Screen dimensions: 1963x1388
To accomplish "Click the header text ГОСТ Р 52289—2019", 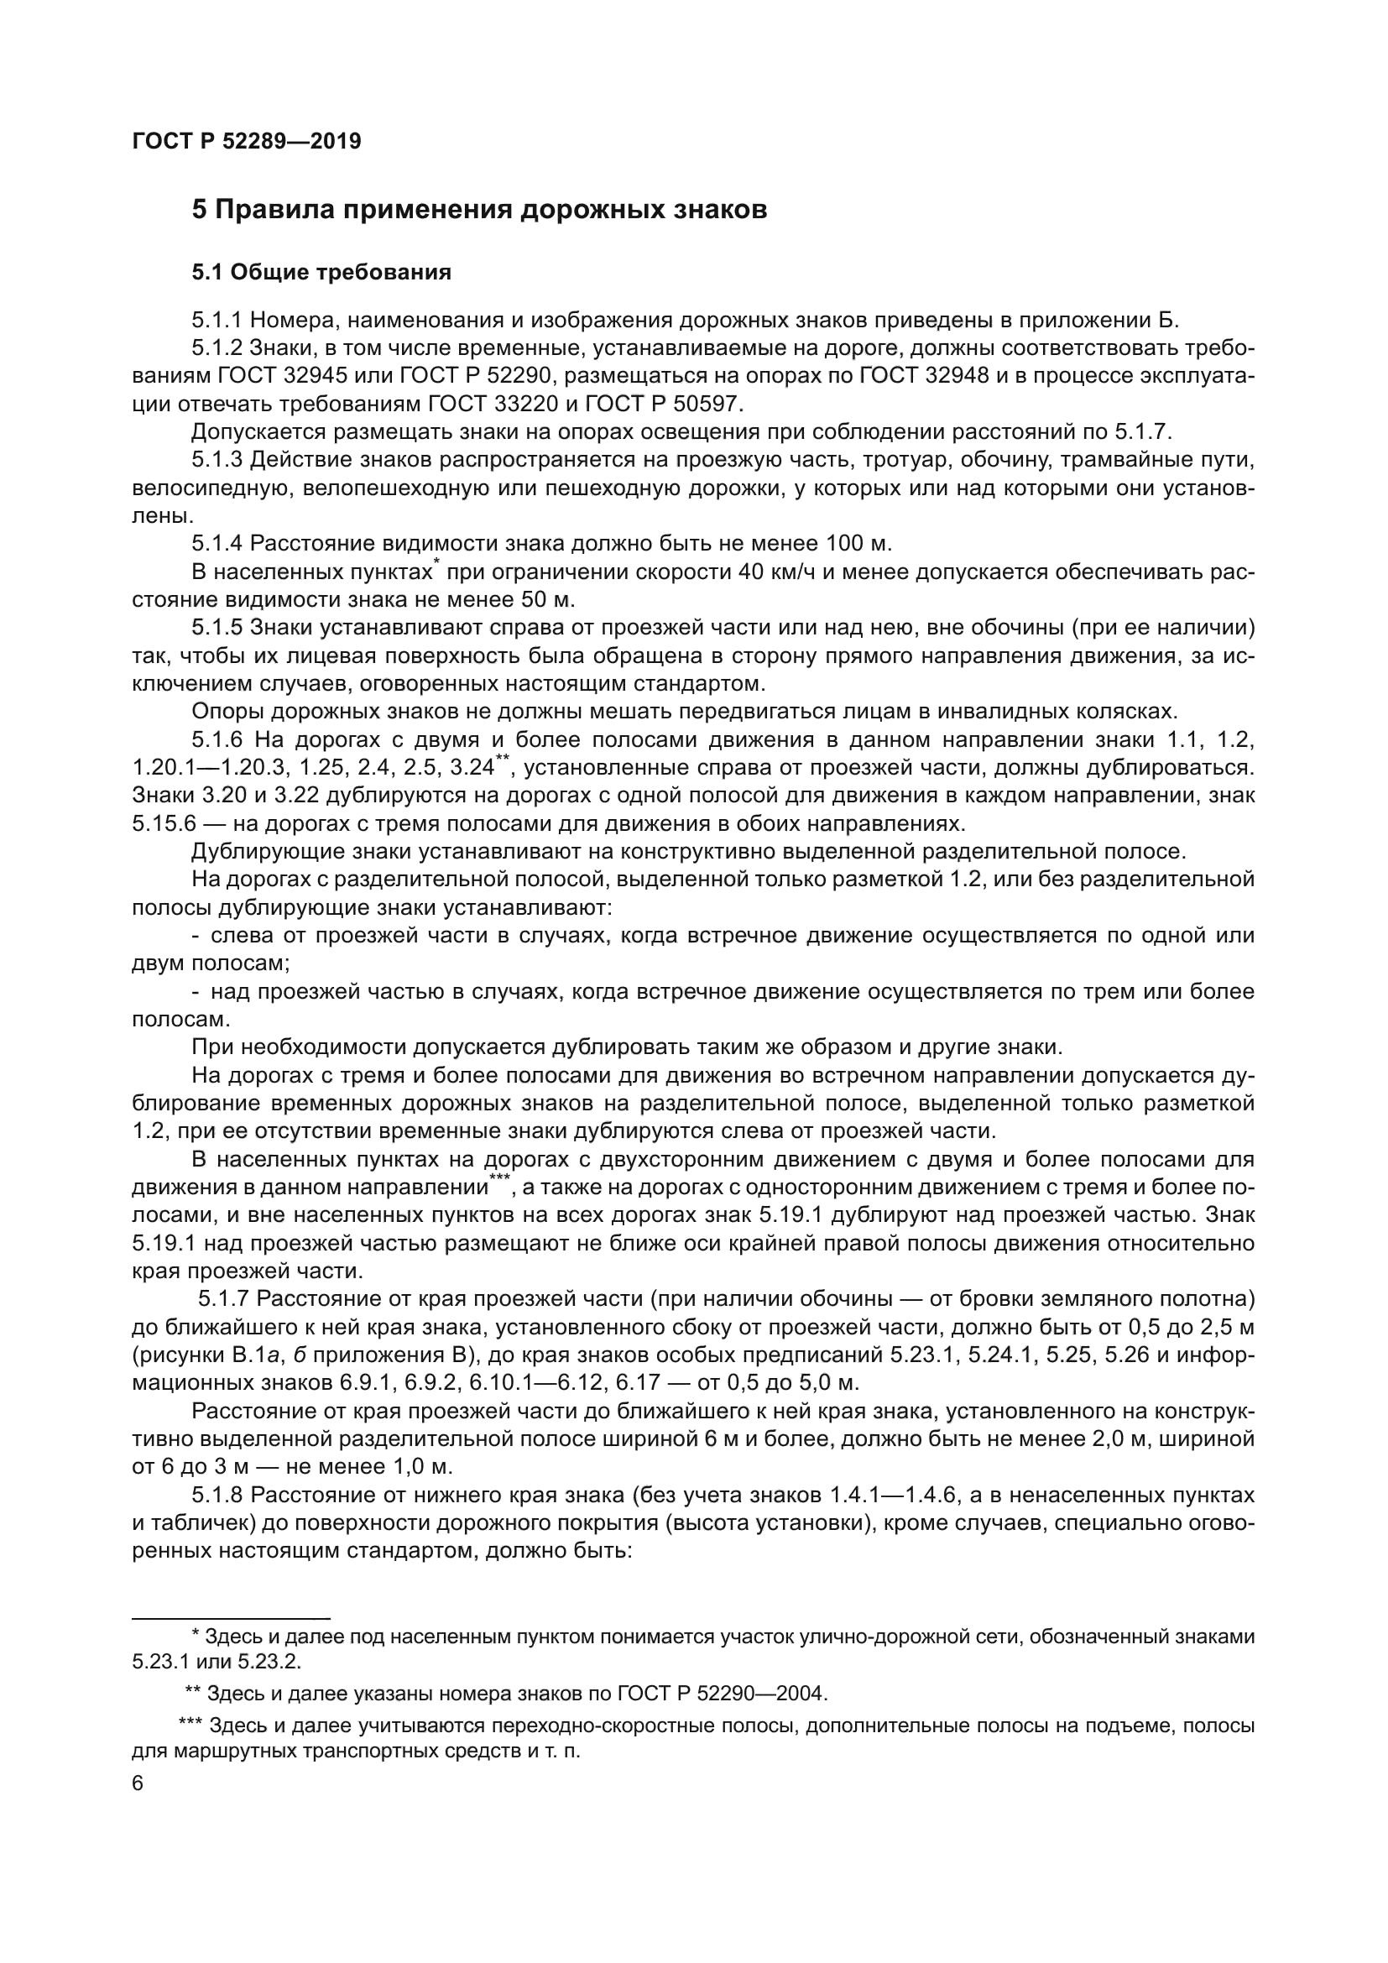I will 247,141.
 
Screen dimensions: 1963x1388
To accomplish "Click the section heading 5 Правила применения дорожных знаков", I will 478,210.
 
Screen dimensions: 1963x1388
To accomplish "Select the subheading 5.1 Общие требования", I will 321,273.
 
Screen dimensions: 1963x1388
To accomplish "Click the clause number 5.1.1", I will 217,321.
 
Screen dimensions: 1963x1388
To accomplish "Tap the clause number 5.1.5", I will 217,628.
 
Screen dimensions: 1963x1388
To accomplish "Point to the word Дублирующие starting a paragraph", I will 258,852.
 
